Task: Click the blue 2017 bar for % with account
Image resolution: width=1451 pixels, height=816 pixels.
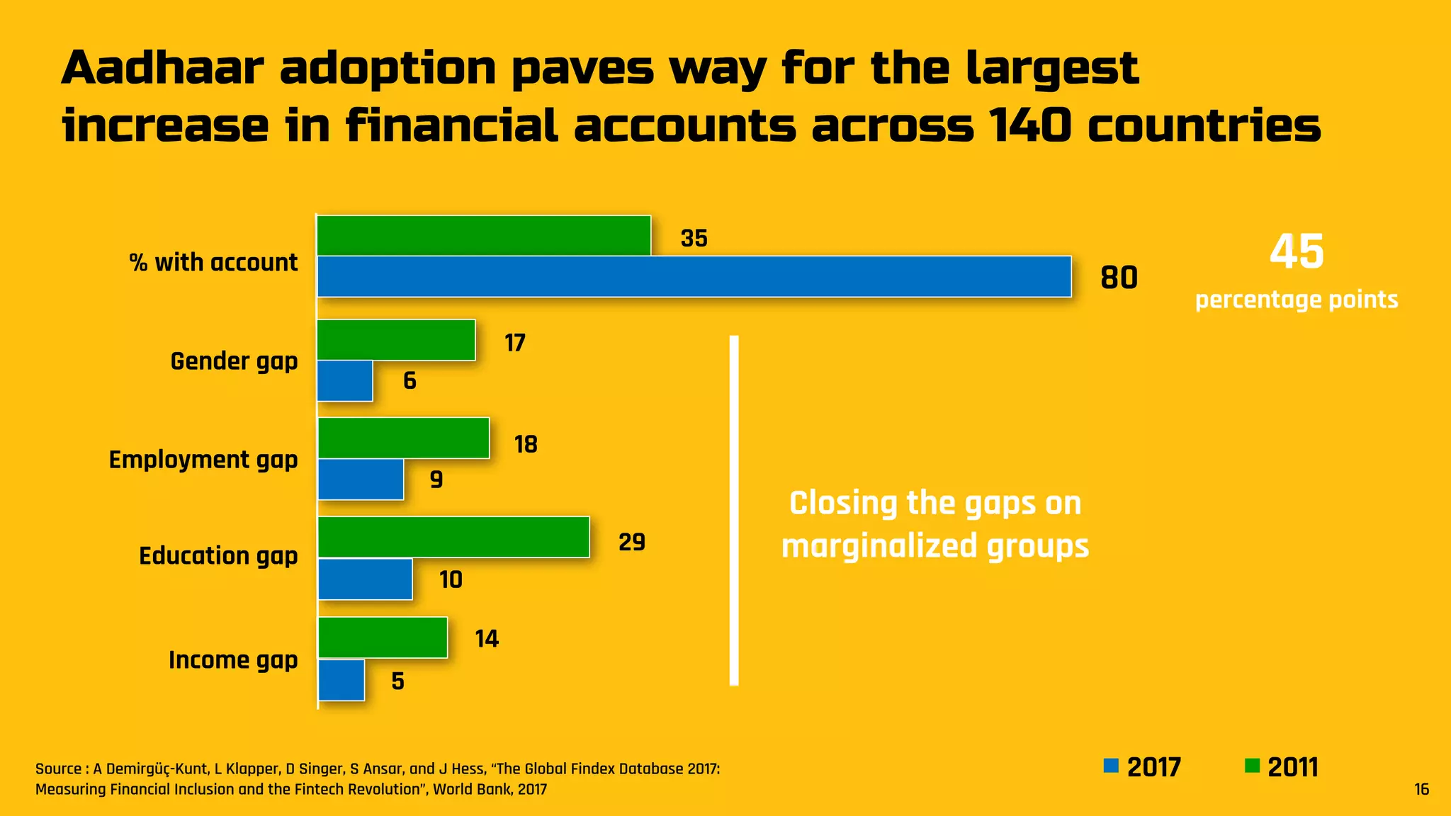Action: pyautogui.click(x=694, y=276)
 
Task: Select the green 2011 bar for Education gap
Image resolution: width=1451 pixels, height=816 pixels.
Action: pyautogui.click(x=453, y=537)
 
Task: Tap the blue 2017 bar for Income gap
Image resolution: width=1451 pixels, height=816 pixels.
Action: pyautogui.click(x=341, y=680)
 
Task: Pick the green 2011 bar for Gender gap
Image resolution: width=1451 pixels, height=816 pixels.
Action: pyautogui.click(x=396, y=340)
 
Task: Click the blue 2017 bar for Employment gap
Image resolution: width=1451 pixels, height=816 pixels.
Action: pyautogui.click(x=361, y=480)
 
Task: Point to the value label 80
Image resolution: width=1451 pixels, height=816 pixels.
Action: pyautogui.click(x=1119, y=278)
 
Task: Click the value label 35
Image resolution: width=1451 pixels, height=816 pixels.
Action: pyautogui.click(x=694, y=239)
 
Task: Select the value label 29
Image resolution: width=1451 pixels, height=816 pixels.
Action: pyautogui.click(x=631, y=543)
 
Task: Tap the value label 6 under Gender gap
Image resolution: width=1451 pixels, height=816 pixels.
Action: pyautogui.click(x=410, y=381)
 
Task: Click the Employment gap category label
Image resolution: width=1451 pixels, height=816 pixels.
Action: pyautogui.click(x=203, y=460)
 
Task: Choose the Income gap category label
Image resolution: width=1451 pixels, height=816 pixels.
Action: pyautogui.click(x=233, y=660)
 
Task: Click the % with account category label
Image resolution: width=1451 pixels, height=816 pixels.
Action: pyautogui.click(x=213, y=263)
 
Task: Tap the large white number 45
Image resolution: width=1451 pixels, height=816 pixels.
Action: pyautogui.click(x=1296, y=252)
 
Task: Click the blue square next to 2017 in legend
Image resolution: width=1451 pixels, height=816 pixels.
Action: pyautogui.click(x=1111, y=766)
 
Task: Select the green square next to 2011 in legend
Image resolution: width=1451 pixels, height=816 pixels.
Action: pyautogui.click(x=1252, y=766)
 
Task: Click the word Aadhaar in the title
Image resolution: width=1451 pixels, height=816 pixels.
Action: pyautogui.click(x=163, y=69)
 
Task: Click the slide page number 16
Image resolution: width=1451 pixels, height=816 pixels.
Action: pyautogui.click(x=1421, y=789)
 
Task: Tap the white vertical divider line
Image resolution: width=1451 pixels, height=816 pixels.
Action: pyautogui.click(x=734, y=510)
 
